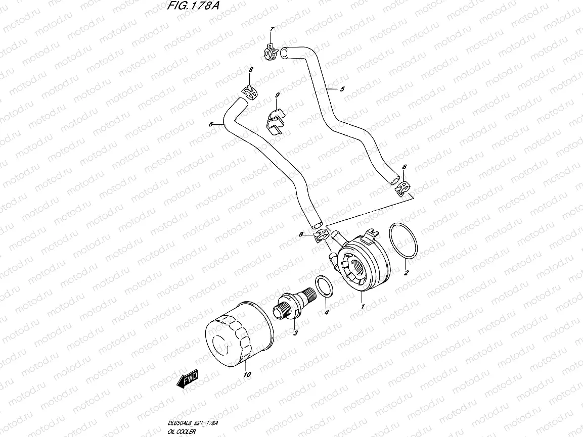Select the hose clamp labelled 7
click(x=272, y=50)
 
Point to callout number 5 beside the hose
click(x=342, y=89)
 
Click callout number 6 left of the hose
click(x=210, y=123)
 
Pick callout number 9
click(x=277, y=95)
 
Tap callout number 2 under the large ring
click(x=406, y=273)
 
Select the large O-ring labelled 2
click(x=405, y=243)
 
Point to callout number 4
click(x=326, y=313)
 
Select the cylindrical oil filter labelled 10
click(x=239, y=335)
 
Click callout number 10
click(x=247, y=374)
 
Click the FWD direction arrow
click(x=187, y=379)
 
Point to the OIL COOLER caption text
click(x=182, y=432)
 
